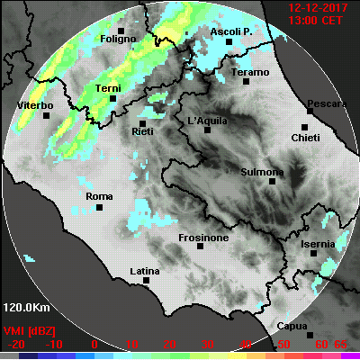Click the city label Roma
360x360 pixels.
97,196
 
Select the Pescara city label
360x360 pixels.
326,104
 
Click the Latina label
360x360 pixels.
145,270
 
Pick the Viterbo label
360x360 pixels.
36,106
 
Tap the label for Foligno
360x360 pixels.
118,40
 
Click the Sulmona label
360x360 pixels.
264,171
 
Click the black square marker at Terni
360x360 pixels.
112,99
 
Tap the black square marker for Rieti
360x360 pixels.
141,122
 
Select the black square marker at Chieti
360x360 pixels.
304,128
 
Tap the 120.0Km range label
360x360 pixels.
25,306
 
